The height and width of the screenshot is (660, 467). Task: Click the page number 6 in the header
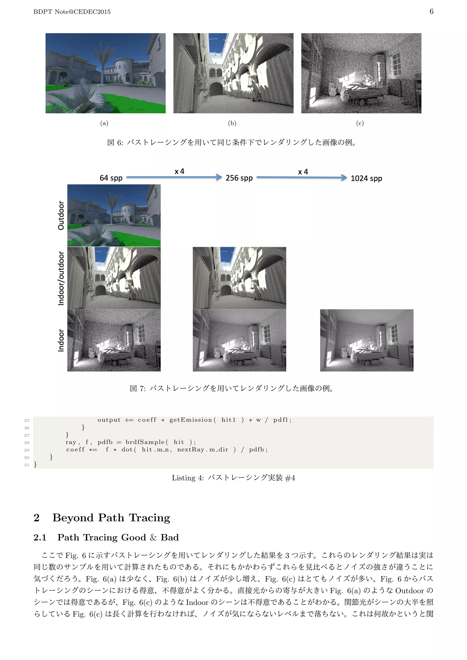(x=431, y=11)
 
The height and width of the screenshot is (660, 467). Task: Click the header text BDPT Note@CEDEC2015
(x=72, y=12)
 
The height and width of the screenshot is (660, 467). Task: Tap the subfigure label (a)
(x=104, y=123)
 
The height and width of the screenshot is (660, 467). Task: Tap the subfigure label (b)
(x=232, y=123)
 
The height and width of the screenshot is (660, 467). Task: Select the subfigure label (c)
(x=360, y=123)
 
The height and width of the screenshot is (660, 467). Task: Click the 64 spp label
(x=111, y=178)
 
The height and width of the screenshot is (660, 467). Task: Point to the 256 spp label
(x=239, y=178)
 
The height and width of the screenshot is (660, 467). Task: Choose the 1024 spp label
(x=366, y=178)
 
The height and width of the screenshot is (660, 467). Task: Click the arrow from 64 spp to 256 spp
(x=174, y=177)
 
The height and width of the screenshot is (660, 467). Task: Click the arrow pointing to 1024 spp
(x=302, y=177)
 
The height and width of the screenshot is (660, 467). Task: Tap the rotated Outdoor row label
(x=61, y=215)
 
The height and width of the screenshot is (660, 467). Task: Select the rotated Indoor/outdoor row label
(x=61, y=278)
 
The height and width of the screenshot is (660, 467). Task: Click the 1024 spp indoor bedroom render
(x=367, y=340)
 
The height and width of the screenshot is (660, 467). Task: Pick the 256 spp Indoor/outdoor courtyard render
(x=239, y=278)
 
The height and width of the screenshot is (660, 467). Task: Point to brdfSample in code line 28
(x=145, y=442)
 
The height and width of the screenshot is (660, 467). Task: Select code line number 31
(x=27, y=465)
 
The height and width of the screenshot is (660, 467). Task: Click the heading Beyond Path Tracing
(x=111, y=518)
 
